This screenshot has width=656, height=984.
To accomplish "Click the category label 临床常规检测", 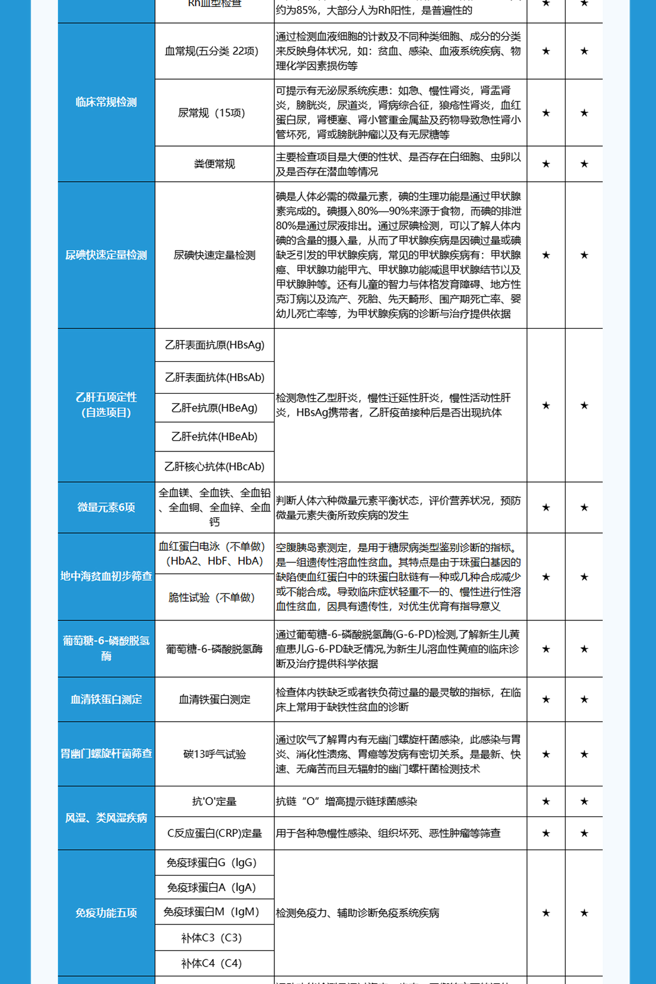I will pyautogui.click(x=106, y=102).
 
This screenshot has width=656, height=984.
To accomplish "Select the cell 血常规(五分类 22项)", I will pyautogui.click(x=212, y=51).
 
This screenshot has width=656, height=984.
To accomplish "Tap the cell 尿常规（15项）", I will pyautogui.click(x=212, y=113).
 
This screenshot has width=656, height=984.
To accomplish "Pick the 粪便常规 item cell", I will pyautogui.click(x=214, y=164).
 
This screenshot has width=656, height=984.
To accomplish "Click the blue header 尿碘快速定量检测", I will pyautogui.click(x=106, y=255).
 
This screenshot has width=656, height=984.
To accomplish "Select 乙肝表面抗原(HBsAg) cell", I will pyautogui.click(x=214, y=345).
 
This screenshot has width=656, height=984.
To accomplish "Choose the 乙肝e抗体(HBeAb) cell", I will pyautogui.click(x=214, y=437).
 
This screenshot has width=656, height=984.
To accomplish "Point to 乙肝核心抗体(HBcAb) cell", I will pyautogui.click(x=214, y=466).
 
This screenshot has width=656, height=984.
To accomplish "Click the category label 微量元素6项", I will pyautogui.click(x=106, y=508).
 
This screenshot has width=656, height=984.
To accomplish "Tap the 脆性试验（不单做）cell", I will pyautogui.click(x=212, y=597).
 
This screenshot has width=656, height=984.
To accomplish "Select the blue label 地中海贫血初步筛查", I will pyautogui.click(x=106, y=576).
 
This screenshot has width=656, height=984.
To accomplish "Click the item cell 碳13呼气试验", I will pyautogui.click(x=214, y=754).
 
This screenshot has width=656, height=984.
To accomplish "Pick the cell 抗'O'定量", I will pyautogui.click(x=214, y=802).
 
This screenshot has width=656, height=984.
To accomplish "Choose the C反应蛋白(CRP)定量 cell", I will pyautogui.click(x=214, y=833).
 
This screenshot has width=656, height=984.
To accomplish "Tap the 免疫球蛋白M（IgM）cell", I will pyautogui.click(x=212, y=912).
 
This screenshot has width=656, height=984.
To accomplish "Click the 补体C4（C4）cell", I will pyautogui.click(x=212, y=963).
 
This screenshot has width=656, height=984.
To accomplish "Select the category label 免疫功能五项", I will pyautogui.click(x=106, y=913).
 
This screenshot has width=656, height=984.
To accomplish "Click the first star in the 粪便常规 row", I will pyautogui.click(x=546, y=164).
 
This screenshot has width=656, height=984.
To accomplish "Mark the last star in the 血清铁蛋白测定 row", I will pyautogui.click(x=584, y=699).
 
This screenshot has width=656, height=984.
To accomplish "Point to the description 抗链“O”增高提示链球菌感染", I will pyautogui.click(x=346, y=802).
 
